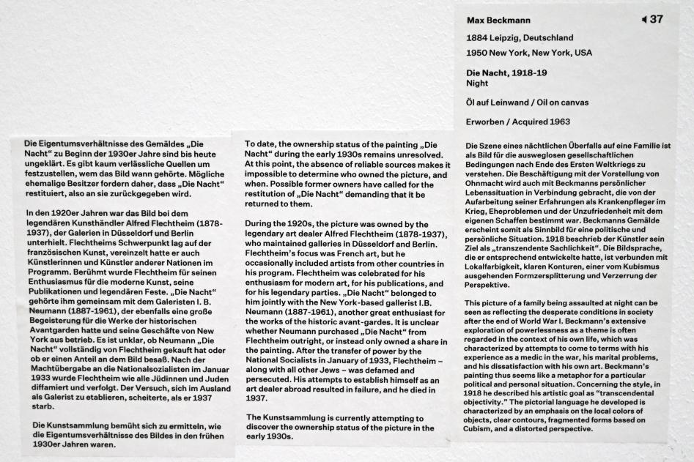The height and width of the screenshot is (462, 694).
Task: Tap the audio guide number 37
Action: click(655, 19)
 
